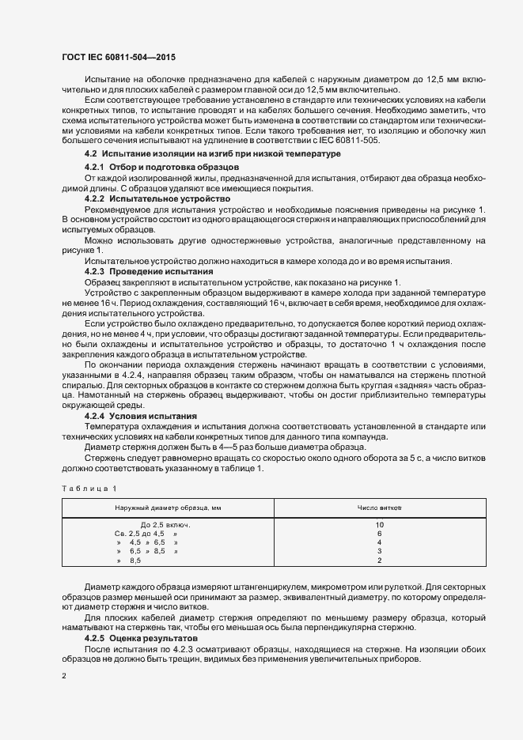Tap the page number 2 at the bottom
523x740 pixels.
coord(63,676)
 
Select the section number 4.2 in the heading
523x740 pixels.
coord(91,153)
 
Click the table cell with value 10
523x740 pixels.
coord(380,525)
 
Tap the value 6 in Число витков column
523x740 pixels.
coord(380,534)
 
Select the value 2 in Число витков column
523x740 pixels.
coord(380,561)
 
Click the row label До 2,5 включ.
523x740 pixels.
coord(165,525)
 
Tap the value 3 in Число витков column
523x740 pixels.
coord(380,552)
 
